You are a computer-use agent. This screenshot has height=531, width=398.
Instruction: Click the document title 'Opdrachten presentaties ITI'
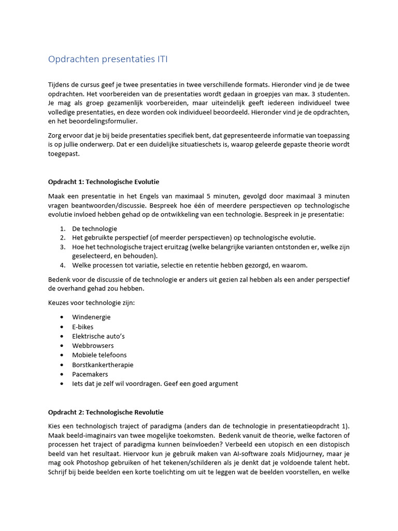pos(108,59)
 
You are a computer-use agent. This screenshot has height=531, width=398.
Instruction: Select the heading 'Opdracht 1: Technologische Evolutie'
pos(104,182)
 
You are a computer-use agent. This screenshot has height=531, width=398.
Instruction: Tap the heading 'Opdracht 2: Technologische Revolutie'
pos(106,412)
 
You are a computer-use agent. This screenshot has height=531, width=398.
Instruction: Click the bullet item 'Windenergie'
pos(91,317)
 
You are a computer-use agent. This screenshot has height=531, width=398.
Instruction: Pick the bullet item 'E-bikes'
pos(83,327)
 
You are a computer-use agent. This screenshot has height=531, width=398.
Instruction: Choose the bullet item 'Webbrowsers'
pos(93,345)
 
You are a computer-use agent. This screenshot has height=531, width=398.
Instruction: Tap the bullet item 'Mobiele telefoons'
pos(99,355)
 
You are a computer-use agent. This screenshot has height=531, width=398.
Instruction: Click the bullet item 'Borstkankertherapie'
pos(103,365)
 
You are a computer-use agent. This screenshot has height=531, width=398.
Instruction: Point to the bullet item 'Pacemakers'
pos(90,374)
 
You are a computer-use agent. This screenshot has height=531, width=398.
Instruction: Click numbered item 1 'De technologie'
pos(94,229)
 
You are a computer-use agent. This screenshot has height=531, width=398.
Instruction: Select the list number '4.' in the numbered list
pos(62,265)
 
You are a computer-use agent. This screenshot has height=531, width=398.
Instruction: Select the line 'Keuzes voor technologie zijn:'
pos(91,303)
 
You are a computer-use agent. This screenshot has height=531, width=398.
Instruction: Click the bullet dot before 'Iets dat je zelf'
pos(62,384)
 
